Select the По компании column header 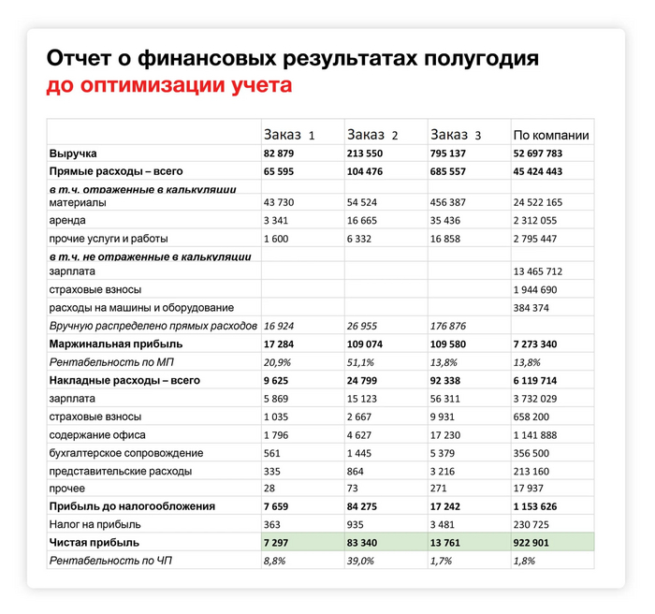click(550, 135)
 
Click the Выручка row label click(73, 153)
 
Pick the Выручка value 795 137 click(454, 153)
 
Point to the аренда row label click(66, 220)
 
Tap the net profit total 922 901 click(537, 542)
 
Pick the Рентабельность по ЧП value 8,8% click(276, 560)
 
